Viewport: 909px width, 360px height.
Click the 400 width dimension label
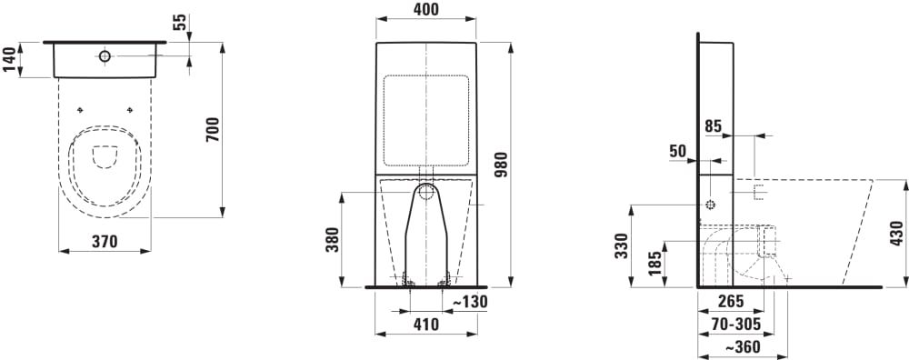[426, 10]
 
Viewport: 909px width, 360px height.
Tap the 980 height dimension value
[502, 165]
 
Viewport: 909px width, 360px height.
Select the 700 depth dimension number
[214, 130]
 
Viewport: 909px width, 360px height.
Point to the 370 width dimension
[105, 241]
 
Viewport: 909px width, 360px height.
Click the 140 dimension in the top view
[10, 60]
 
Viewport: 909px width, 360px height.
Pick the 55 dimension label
[180, 22]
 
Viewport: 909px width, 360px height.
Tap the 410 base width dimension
[426, 325]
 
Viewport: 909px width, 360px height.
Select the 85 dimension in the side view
[713, 125]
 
